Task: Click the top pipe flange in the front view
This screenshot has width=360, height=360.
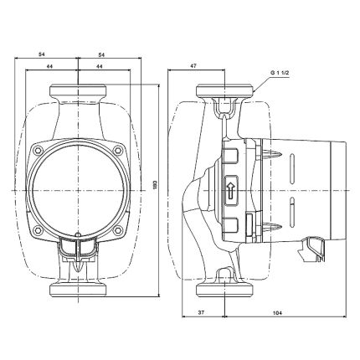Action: click(x=79, y=90)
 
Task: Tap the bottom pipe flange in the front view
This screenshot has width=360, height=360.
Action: click(x=79, y=290)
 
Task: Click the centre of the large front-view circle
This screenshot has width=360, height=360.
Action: click(x=79, y=189)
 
